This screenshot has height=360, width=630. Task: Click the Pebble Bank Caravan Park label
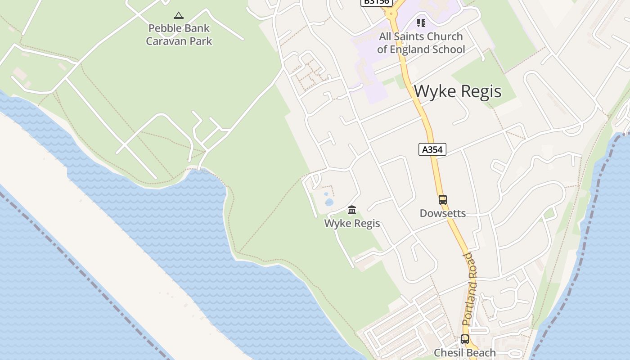point(179,35)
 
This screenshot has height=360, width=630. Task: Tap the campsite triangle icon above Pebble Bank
point(179,16)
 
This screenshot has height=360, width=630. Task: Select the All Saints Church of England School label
point(421,43)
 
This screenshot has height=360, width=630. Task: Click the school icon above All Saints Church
point(421,22)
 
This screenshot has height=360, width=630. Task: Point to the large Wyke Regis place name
point(457,91)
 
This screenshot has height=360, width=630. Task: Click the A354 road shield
point(432,149)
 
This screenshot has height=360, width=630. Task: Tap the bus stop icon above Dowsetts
point(443,200)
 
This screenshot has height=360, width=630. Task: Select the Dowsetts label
point(443,213)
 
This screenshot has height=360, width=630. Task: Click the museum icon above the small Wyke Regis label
point(352,210)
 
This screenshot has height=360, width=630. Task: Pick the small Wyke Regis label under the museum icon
point(352,224)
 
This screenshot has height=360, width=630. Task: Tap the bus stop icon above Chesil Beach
point(465,339)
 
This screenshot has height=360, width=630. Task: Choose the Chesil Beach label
point(465,353)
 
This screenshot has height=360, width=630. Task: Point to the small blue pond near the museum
point(329,202)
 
